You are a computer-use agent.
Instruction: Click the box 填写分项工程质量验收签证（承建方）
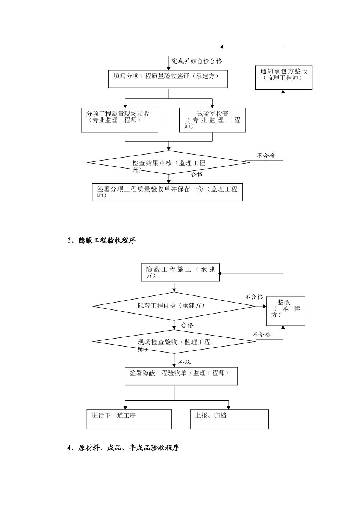coord(168,79)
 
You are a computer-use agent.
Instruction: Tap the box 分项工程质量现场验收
coord(119,120)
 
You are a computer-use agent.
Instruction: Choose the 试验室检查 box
coord(212,120)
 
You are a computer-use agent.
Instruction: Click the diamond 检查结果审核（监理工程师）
coord(169,163)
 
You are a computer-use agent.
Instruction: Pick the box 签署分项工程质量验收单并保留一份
coord(167,192)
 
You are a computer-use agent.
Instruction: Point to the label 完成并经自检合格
coord(197,61)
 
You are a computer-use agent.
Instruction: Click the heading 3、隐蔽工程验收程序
coord(101,240)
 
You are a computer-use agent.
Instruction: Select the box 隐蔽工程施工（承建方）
coord(180,272)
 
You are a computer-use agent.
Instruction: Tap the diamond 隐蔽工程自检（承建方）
coord(174,306)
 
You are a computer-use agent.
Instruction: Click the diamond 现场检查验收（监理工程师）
coord(174,342)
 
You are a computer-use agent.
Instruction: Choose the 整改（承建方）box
coord(286,311)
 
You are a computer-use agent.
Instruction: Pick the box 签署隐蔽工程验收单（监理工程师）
coord(181,376)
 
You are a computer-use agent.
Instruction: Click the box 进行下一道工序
coord(129,419)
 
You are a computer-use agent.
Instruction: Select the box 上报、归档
coord(229,419)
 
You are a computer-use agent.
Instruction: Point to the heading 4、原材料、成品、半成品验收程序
coord(123,448)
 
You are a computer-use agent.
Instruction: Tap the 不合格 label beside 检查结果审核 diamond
coord(266,155)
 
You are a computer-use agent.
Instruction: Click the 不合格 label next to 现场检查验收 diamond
coord(261,334)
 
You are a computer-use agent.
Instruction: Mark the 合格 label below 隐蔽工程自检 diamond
coord(187,325)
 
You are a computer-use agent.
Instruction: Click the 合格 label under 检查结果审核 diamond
coord(197,174)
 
